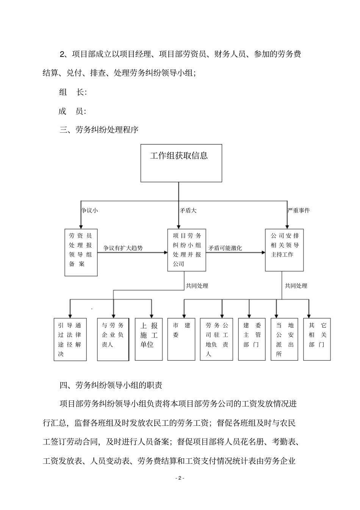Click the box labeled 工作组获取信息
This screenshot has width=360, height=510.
(181, 163)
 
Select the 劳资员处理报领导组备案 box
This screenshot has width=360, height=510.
(81, 252)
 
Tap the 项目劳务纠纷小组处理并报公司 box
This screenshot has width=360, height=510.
(187, 250)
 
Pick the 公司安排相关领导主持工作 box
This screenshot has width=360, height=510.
(284, 250)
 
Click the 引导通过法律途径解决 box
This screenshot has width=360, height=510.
(70, 339)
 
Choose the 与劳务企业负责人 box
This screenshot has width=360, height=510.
(113, 339)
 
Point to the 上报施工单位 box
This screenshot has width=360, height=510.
(149, 339)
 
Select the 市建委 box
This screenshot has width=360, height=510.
(182, 339)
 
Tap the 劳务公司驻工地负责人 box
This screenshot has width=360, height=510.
(216, 339)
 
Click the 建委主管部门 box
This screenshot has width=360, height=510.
(252, 339)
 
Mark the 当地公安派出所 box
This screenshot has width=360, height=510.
(285, 339)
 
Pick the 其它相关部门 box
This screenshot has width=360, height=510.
(317, 339)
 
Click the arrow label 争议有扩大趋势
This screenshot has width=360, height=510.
(123, 248)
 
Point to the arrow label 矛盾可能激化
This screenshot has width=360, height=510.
(225, 248)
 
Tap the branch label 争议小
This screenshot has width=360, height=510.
(90, 210)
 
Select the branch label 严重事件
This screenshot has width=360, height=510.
(299, 210)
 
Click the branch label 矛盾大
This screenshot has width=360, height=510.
(188, 210)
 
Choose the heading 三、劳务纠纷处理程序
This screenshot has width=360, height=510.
(99, 130)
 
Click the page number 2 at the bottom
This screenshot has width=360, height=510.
(180, 478)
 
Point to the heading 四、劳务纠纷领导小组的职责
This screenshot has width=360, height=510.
(111, 385)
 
